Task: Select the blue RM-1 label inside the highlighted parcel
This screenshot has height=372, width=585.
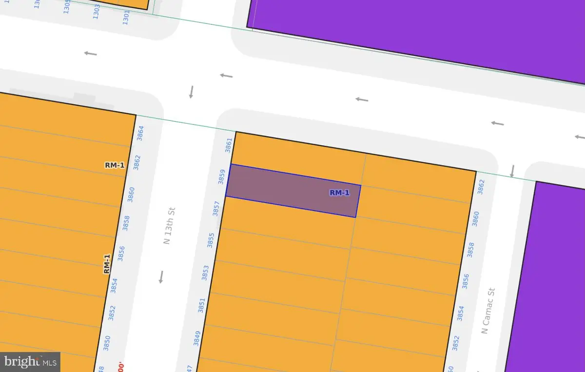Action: (x=340, y=193)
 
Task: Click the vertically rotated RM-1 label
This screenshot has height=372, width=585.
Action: (x=107, y=264)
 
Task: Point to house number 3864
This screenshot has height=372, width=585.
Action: (x=141, y=133)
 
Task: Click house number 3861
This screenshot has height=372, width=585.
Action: (x=228, y=145)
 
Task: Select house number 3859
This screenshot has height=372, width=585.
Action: (x=222, y=176)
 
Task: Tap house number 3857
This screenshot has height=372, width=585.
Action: (x=216, y=208)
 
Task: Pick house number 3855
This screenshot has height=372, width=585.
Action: (x=211, y=240)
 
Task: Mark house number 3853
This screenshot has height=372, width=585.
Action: (x=205, y=272)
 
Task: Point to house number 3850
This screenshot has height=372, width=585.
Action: (x=107, y=343)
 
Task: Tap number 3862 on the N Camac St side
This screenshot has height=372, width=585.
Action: (x=482, y=187)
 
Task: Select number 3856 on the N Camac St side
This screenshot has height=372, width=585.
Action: (x=465, y=281)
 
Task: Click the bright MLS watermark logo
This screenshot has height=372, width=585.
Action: (x=30, y=362)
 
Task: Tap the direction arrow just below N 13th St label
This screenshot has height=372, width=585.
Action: (x=161, y=277)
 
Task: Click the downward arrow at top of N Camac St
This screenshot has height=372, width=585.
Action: (x=512, y=171)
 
